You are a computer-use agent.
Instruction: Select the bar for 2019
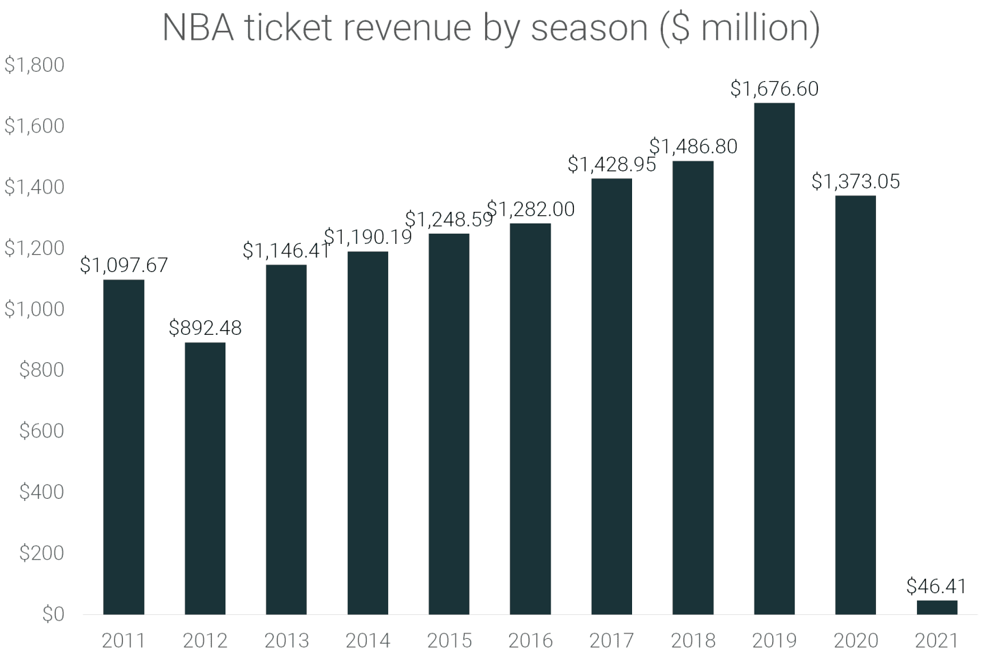click(x=774, y=358)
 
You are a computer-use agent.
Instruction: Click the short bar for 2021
click(x=937, y=607)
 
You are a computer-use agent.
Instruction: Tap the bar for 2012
click(x=205, y=478)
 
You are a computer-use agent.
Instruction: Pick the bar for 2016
click(x=530, y=418)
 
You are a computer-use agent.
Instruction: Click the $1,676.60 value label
click(x=774, y=89)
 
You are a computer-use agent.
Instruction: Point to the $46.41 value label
click(x=936, y=586)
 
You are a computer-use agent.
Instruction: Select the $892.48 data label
click(x=205, y=328)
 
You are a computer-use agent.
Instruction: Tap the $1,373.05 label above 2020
click(x=856, y=182)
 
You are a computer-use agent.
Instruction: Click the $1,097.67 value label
click(x=124, y=265)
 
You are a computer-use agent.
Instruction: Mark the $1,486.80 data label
click(x=693, y=146)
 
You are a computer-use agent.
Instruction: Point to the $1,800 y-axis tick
click(x=34, y=65)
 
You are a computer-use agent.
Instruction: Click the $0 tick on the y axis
click(x=53, y=614)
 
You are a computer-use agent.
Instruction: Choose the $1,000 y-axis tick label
click(x=34, y=310)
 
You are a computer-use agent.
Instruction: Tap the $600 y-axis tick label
click(x=41, y=431)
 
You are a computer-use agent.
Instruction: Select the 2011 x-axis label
click(x=124, y=640)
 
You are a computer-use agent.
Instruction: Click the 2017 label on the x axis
click(x=612, y=640)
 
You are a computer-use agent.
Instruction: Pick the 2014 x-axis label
click(x=368, y=640)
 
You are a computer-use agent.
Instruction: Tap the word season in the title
click(x=589, y=27)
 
